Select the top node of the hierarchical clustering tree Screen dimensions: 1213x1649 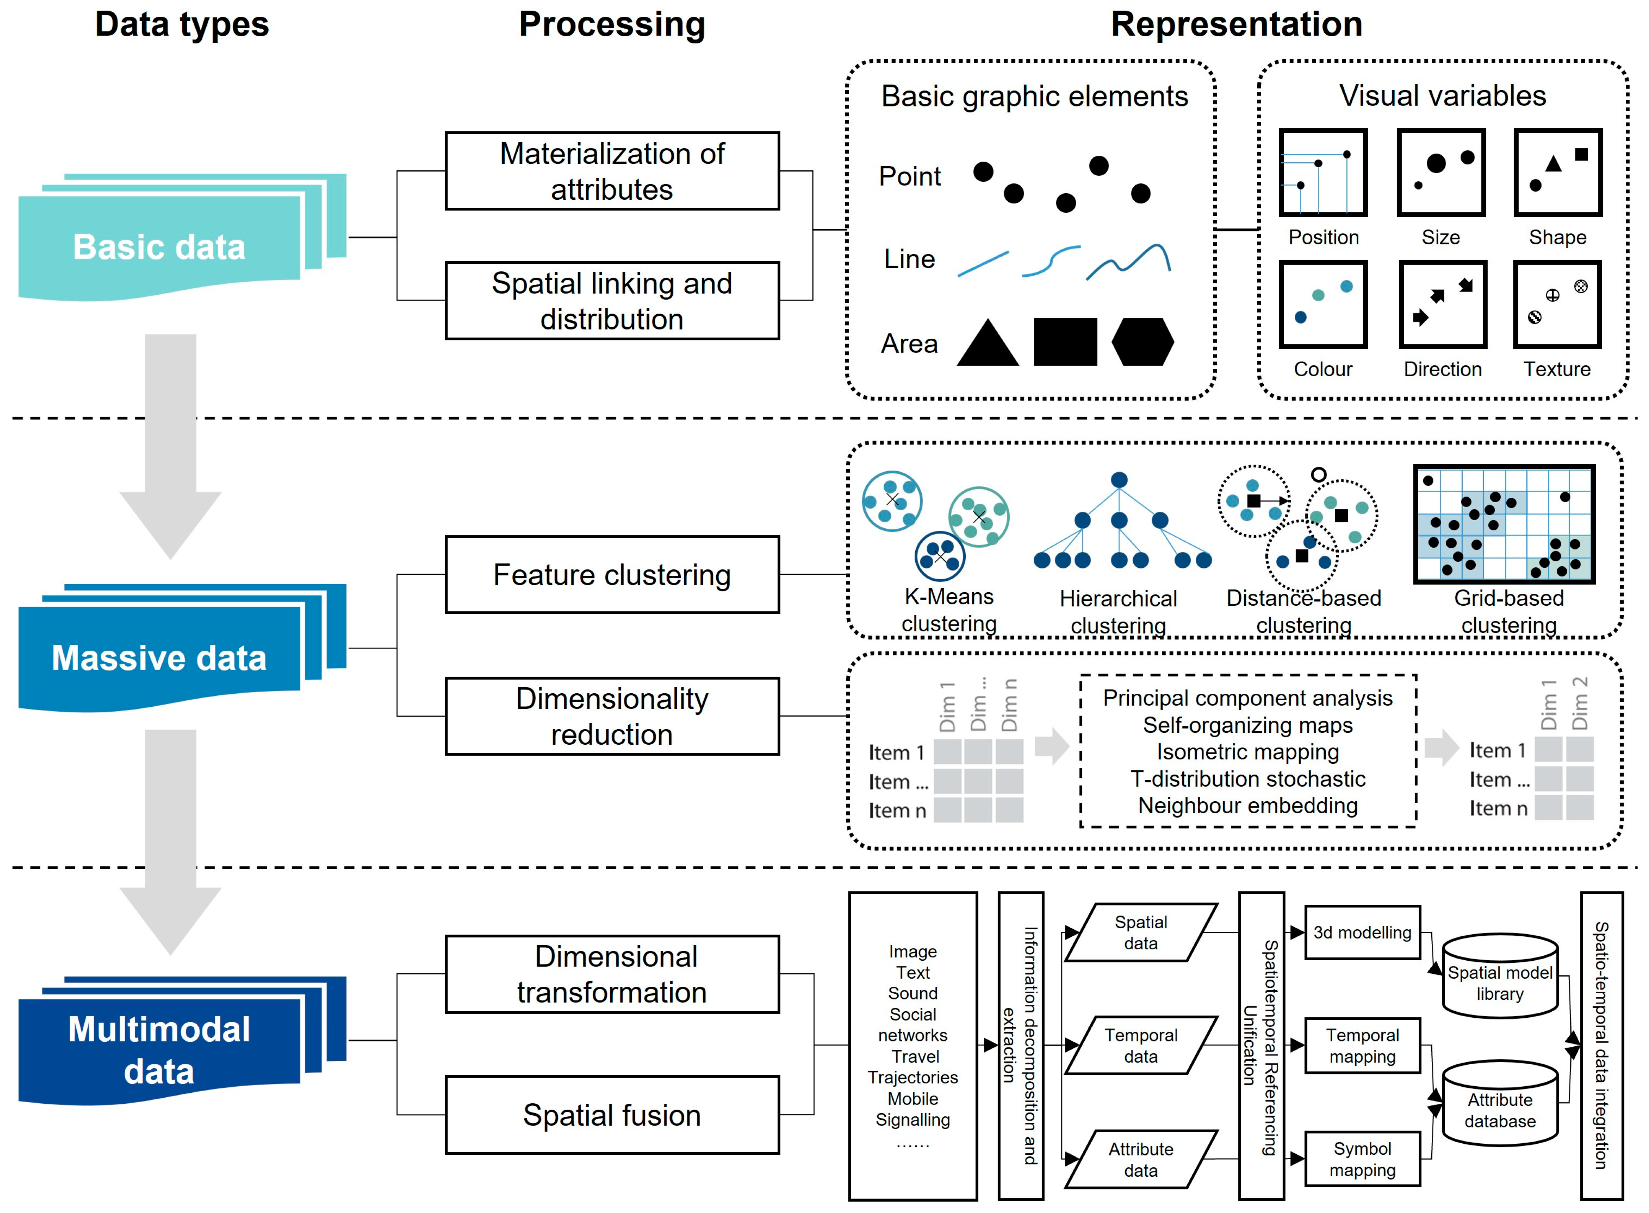click(1119, 480)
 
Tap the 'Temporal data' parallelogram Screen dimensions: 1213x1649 click(1141, 1045)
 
